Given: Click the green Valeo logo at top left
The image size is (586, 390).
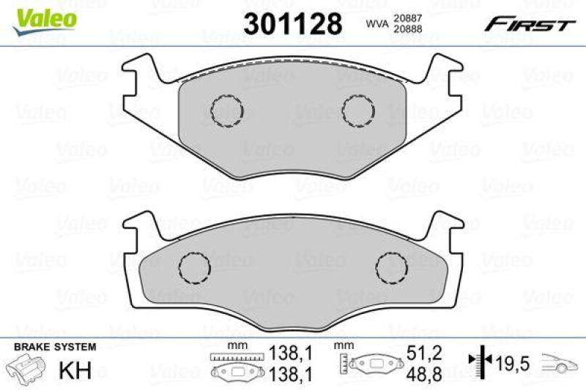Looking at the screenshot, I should [41, 16].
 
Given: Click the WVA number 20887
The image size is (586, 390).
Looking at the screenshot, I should [410, 18].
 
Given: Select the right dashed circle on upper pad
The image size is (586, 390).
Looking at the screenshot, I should [358, 110].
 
